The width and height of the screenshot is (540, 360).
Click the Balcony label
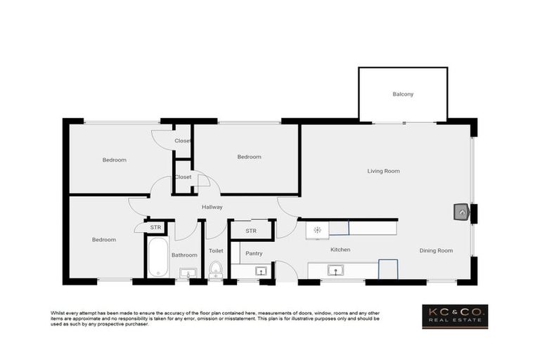403,94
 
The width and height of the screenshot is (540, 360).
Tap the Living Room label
383,171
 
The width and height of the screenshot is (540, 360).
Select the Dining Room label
436,250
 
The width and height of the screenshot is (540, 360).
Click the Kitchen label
340,250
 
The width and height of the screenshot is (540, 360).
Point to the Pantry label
254,253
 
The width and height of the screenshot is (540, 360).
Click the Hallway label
212,207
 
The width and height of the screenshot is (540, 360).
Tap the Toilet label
216,250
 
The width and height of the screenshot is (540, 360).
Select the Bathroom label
184,255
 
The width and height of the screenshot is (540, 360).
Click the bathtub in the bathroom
158,257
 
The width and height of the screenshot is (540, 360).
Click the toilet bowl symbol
216,270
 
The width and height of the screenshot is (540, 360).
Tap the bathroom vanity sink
188,274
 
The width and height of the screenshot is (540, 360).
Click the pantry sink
259,271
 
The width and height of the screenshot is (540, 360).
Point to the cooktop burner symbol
318,229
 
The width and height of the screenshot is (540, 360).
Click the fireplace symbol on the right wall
461,212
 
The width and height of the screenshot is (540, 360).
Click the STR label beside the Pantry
251,231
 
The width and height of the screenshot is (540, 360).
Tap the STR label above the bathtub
155,227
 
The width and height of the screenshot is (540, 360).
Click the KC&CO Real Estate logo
454,316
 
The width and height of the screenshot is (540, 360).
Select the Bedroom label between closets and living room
249,157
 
